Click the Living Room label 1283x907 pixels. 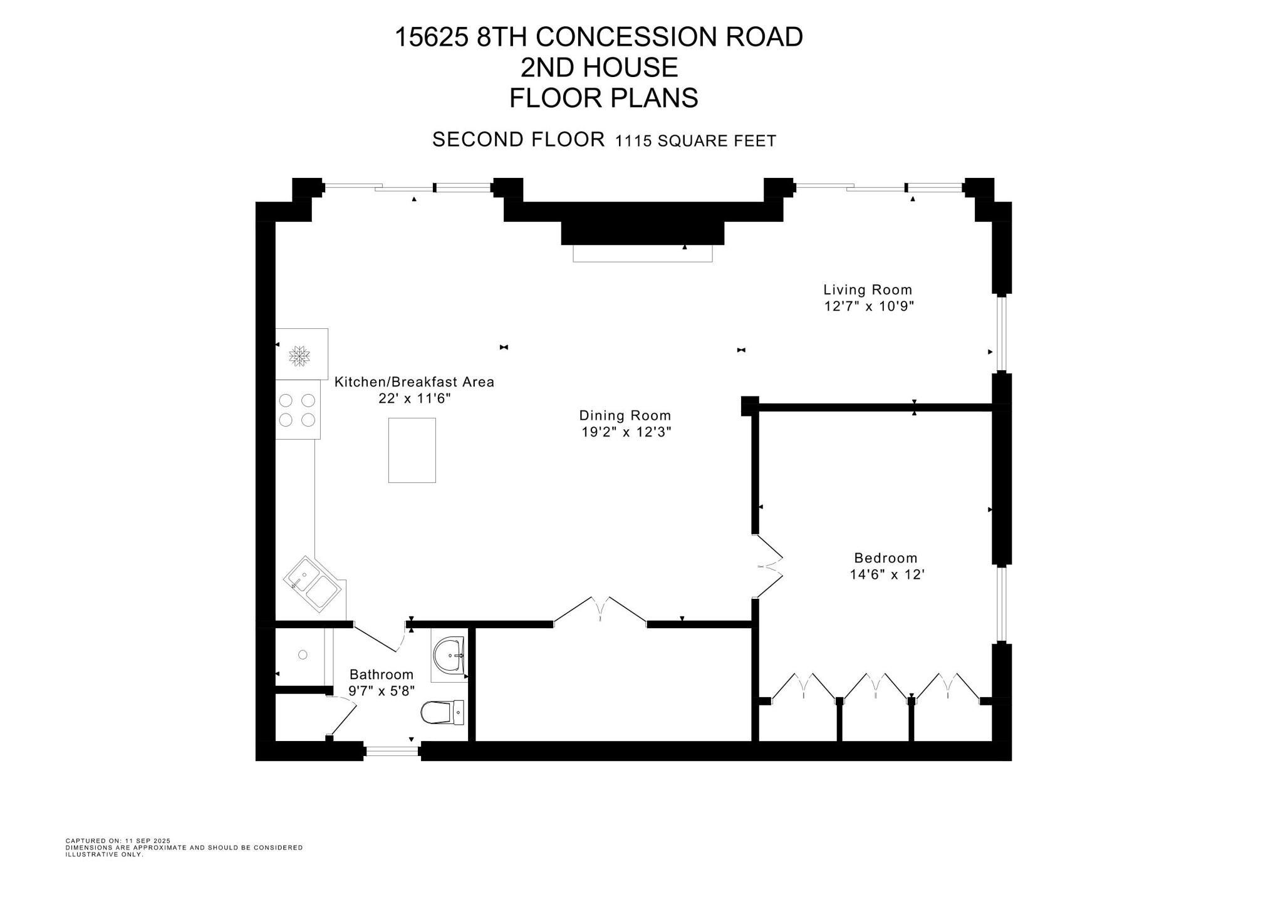click(x=867, y=290)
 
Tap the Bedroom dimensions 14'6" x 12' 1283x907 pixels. click(x=886, y=574)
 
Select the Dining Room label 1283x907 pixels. click(x=625, y=415)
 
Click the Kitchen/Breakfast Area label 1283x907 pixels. click(x=414, y=382)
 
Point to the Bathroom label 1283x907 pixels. click(x=381, y=675)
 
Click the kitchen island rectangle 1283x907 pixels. click(x=412, y=450)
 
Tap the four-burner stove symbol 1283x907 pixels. click(x=298, y=410)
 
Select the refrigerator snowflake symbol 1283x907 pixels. click(x=299, y=356)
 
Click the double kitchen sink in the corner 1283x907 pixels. click(x=313, y=583)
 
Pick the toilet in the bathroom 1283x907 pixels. click(x=441, y=713)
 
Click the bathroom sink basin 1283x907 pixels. click(x=449, y=655)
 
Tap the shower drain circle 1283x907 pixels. click(x=303, y=655)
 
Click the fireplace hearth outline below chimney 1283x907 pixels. click(x=642, y=254)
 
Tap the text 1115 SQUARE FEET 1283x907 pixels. click(x=695, y=142)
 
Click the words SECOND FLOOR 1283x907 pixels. click(x=518, y=140)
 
